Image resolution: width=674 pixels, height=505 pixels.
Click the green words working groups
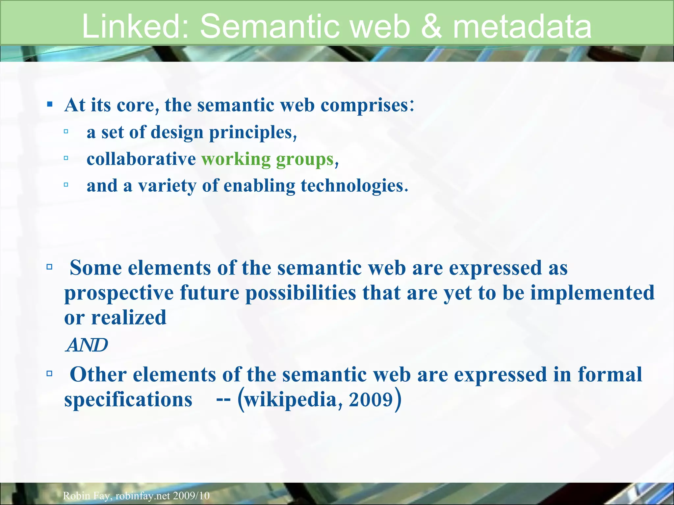(x=268, y=159)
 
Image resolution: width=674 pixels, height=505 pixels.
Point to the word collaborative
(x=141, y=159)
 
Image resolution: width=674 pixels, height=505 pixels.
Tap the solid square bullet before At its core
(x=50, y=105)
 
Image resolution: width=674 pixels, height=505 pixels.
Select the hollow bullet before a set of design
(x=66, y=132)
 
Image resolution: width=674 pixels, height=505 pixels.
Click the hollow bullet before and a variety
(x=66, y=185)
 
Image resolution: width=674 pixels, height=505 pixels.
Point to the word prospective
(x=119, y=293)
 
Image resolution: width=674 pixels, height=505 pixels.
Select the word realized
(x=128, y=318)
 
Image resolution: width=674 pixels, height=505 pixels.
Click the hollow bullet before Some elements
(x=50, y=267)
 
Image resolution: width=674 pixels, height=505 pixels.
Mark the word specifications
(x=128, y=400)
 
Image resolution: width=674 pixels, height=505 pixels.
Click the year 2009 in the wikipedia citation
(x=371, y=400)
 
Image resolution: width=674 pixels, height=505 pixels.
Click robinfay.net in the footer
(x=143, y=495)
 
